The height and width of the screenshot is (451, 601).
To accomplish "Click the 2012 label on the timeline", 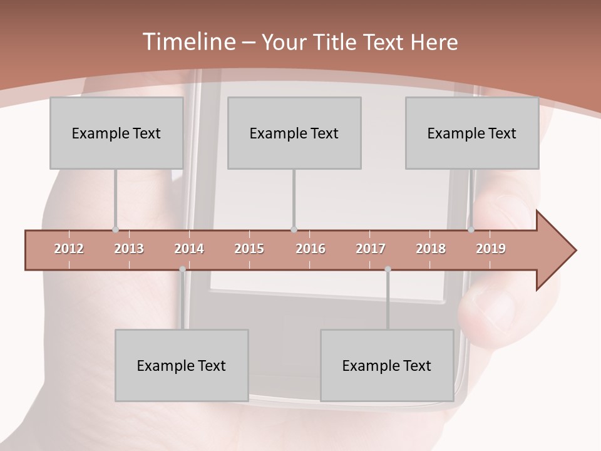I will [69, 249].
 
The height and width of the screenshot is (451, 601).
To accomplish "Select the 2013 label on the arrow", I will [129, 249].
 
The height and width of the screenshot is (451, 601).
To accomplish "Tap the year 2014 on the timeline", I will [189, 249].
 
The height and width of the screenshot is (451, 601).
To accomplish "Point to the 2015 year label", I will [249, 249].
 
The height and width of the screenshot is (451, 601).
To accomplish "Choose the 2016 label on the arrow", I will [311, 249].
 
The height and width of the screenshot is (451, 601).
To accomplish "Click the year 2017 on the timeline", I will [371, 249].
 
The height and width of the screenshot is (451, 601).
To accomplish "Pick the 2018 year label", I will [431, 249].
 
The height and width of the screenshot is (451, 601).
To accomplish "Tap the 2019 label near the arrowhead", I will [491, 249].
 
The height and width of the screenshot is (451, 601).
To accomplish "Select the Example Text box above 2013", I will [116, 133].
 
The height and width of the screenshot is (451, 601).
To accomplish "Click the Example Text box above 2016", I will [294, 133].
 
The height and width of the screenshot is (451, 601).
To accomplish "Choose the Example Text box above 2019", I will [472, 133].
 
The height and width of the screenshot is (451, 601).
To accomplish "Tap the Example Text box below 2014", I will [182, 365].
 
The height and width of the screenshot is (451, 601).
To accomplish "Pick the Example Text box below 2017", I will [387, 365].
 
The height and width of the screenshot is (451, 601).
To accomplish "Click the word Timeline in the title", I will [188, 42].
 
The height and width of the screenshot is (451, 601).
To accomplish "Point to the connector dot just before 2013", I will [115, 229].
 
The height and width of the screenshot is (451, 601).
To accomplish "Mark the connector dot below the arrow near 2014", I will [182, 269].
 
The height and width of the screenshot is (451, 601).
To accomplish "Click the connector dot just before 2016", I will [294, 229].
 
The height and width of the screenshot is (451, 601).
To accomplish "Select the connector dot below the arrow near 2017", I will [388, 269].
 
